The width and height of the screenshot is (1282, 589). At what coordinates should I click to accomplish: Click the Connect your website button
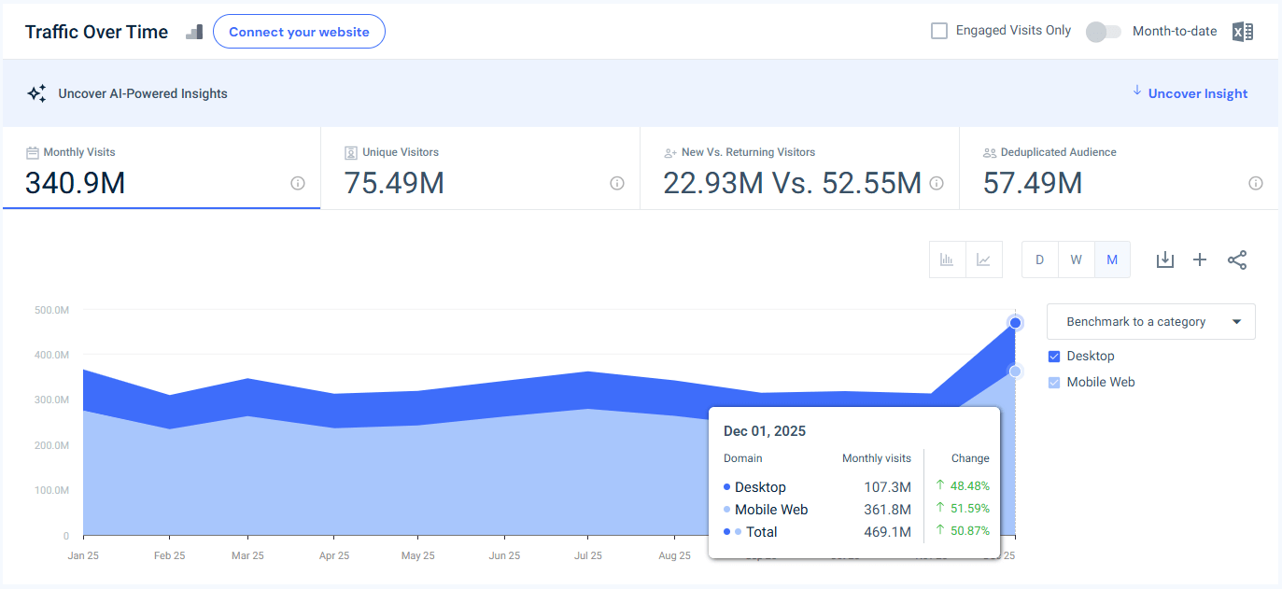[299, 32]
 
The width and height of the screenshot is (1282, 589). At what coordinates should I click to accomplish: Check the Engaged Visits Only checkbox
[939, 31]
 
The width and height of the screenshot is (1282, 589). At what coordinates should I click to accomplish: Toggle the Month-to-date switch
[1103, 32]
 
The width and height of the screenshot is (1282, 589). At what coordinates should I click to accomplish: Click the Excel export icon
[1242, 32]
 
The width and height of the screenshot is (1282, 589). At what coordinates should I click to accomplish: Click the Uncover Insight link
[1197, 93]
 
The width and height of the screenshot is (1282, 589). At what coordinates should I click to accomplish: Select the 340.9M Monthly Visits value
[75, 183]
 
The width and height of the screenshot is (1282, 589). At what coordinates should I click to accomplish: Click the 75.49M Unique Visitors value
[394, 183]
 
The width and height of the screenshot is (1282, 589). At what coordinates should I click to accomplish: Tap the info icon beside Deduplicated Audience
[1256, 183]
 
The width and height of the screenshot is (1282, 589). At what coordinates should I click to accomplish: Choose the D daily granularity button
[1039, 259]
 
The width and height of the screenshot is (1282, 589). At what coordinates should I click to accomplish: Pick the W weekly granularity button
[1076, 259]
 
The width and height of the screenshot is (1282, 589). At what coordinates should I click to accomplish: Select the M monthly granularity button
[1112, 259]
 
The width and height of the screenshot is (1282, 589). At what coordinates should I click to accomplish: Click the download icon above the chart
[1164, 259]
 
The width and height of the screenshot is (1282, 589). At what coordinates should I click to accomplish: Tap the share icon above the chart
[1237, 259]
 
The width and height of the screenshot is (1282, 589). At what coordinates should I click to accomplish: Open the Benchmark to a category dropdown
[1150, 321]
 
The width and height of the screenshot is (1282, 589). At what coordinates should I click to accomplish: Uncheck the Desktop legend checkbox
[1054, 356]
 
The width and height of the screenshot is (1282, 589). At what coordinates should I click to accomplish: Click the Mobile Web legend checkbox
[1054, 382]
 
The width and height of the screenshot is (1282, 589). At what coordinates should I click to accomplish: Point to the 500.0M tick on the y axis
[51, 309]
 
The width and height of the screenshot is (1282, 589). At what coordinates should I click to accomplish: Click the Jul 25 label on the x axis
[587, 555]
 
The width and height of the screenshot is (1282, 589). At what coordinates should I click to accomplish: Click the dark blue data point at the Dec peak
[1015, 323]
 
